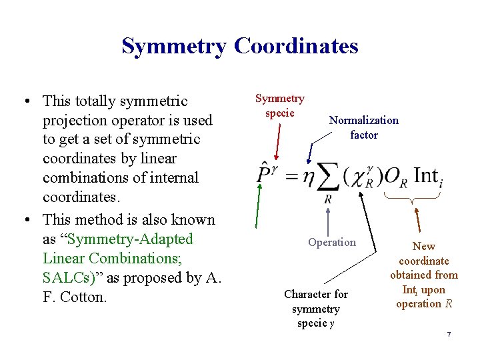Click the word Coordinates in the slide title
coord(297,46)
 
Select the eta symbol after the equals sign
coord(307,179)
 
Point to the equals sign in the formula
coord(291,177)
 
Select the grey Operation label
coord(331,243)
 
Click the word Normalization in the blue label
coord(364,121)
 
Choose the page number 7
coord(449,333)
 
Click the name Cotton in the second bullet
coord(83,297)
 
